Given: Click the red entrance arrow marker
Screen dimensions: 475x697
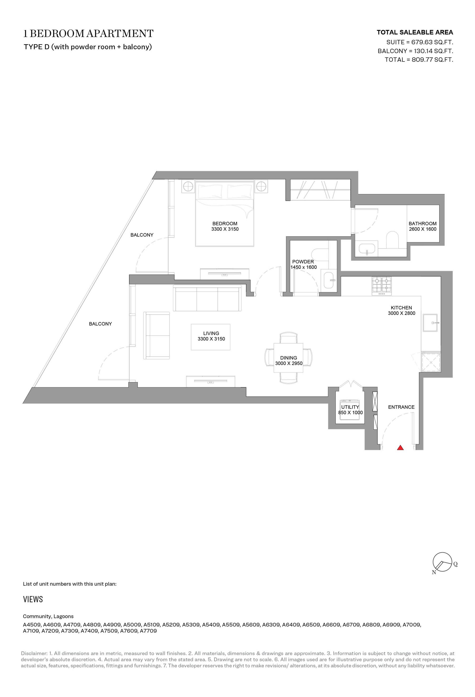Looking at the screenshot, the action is [x=400, y=448].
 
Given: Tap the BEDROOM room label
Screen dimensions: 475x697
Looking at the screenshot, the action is [x=225, y=223].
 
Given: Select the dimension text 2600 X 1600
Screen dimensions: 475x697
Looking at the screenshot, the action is [x=423, y=229].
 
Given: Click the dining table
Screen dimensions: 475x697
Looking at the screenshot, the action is [x=288, y=358].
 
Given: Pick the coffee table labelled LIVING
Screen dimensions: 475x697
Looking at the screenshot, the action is [x=211, y=337].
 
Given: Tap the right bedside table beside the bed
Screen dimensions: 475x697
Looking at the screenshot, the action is [x=261, y=187].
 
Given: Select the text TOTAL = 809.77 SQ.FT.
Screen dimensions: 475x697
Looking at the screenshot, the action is [x=419, y=60].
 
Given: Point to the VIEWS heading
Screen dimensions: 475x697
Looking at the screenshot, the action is [x=33, y=599].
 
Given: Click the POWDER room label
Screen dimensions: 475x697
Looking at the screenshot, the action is [x=303, y=261].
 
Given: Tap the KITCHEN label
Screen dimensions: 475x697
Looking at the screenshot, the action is [x=401, y=307].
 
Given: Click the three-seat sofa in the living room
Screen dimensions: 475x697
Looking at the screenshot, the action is [x=207, y=299].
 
